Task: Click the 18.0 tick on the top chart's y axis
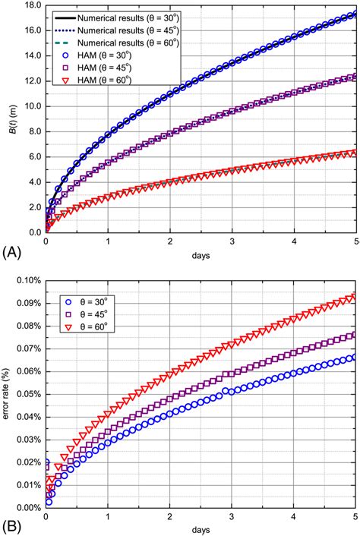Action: point(33,5)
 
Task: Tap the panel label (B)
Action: point(13,524)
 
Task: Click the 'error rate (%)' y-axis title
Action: point(9,394)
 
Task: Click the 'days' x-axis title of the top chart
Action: point(201,255)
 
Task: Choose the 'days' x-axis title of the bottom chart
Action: point(201,528)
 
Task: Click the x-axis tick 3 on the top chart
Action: point(232,241)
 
